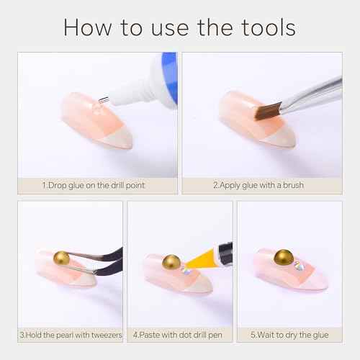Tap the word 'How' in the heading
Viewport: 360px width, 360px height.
pyautogui.click(x=88, y=27)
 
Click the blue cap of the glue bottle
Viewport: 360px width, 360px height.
pyautogui.click(x=170, y=78)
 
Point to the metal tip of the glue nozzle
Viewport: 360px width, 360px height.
pyautogui.click(x=104, y=99)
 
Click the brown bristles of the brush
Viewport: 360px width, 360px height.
pyautogui.click(x=268, y=111)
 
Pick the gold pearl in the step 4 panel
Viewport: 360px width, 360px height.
pyautogui.click(x=171, y=262)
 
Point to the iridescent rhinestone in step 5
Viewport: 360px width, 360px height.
pyautogui.click(x=299, y=266)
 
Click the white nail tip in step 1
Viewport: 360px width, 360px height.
pyautogui.click(x=118, y=140)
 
